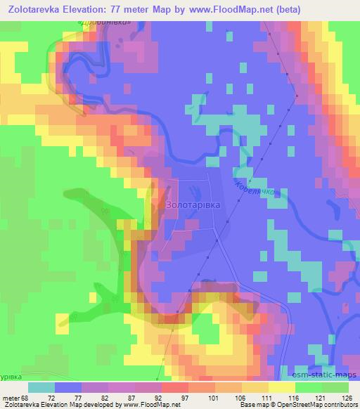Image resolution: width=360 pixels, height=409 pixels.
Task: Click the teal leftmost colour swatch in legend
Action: coord(41,387)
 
